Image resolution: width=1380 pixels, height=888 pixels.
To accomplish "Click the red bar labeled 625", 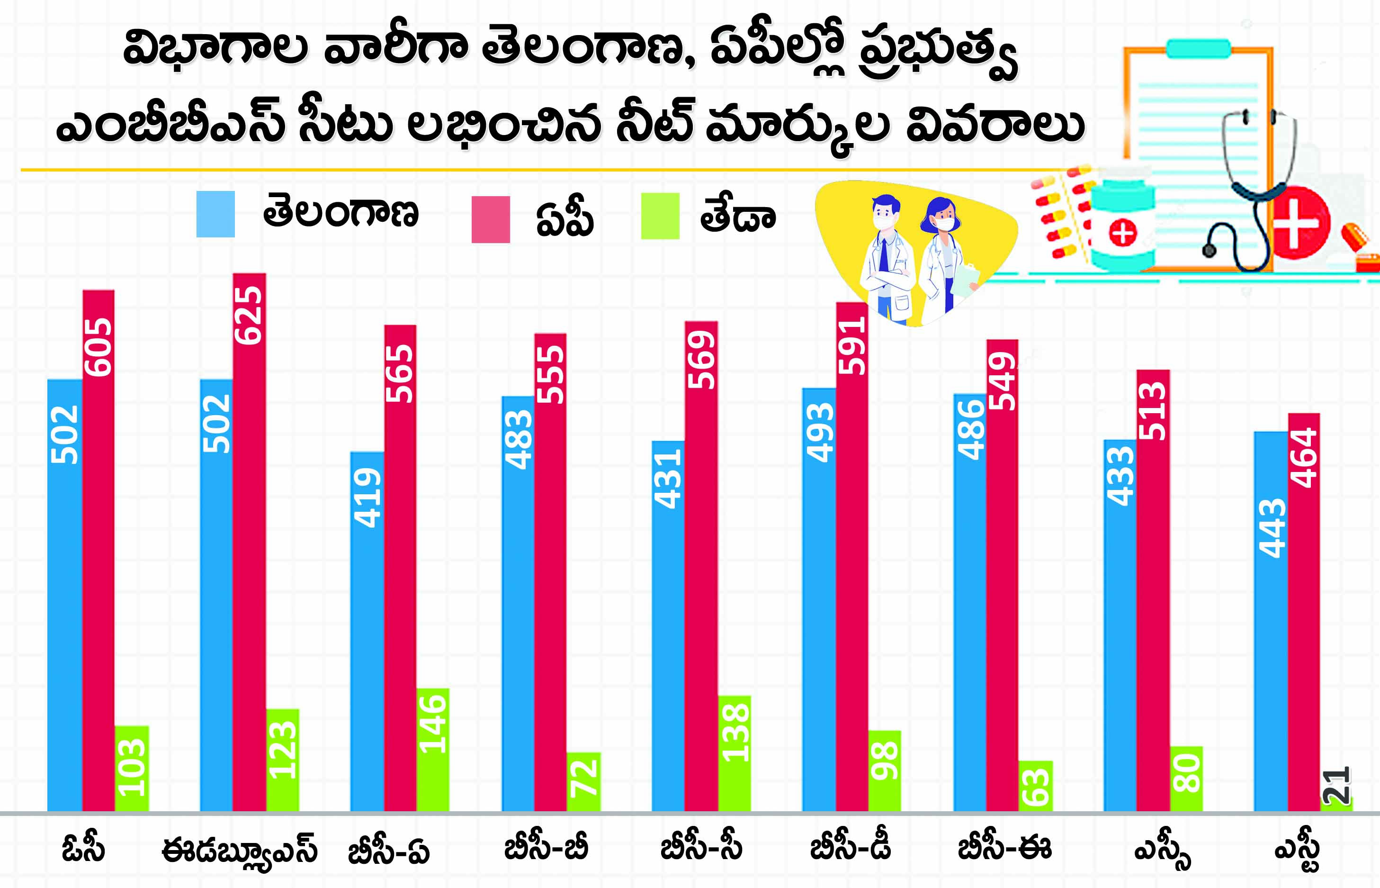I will click(x=249, y=542).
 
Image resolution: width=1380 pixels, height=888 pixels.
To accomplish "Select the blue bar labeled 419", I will click(x=367, y=631).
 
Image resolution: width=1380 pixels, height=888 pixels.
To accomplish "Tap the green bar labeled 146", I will click(x=433, y=750).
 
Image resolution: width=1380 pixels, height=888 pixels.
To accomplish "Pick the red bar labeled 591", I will click(x=851, y=556).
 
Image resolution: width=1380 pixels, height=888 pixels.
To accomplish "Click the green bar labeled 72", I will click(x=584, y=781).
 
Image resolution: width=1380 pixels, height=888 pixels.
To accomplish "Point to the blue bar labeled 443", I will click(x=1271, y=622).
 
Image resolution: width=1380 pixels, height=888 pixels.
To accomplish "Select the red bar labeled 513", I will click(x=1153, y=590).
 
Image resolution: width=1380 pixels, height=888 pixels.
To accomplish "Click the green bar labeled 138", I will click(x=734, y=753).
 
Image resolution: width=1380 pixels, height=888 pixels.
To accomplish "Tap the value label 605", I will click(x=98, y=347).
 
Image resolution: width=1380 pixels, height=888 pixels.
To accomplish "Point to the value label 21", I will click(x=1335, y=785).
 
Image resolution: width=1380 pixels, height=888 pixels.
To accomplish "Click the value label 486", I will click(x=971, y=430).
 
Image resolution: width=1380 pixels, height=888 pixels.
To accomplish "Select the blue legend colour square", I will click(x=215, y=214).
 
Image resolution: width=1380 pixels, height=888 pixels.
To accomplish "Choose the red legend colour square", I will click(x=490, y=219).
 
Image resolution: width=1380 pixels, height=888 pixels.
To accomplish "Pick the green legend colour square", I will click(x=660, y=216).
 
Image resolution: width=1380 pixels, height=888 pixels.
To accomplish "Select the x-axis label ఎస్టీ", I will click(x=1298, y=851).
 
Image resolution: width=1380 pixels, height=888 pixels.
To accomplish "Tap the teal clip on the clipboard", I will click(x=1199, y=48).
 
